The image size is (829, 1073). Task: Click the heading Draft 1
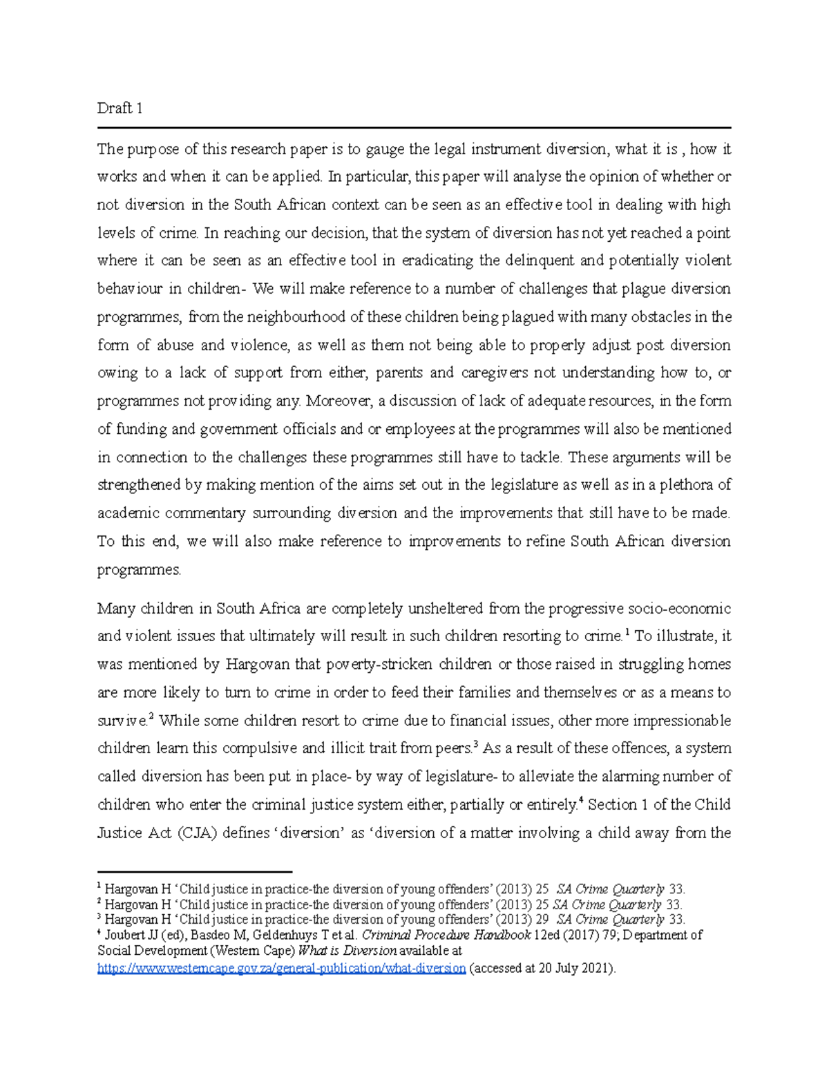click(x=120, y=108)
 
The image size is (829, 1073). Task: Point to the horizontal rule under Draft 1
click(x=414, y=128)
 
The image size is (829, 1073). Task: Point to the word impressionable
click(x=682, y=721)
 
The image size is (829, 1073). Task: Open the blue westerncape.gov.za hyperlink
click(x=282, y=969)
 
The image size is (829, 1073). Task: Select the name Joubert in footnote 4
click(x=125, y=936)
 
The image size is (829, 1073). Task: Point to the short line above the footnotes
click(x=195, y=873)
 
